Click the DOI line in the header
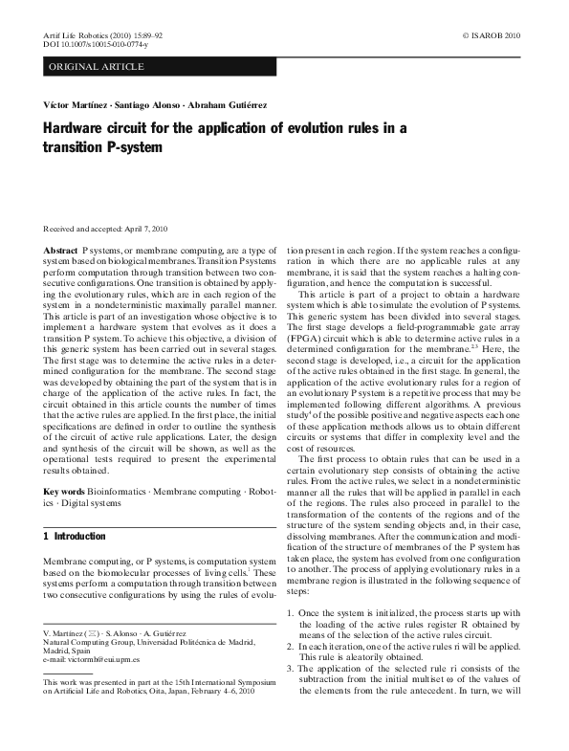click(x=92, y=44)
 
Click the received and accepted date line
click(x=106, y=229)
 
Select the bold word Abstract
click(x=60, y=248)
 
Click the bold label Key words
click(x=64, y=491)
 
